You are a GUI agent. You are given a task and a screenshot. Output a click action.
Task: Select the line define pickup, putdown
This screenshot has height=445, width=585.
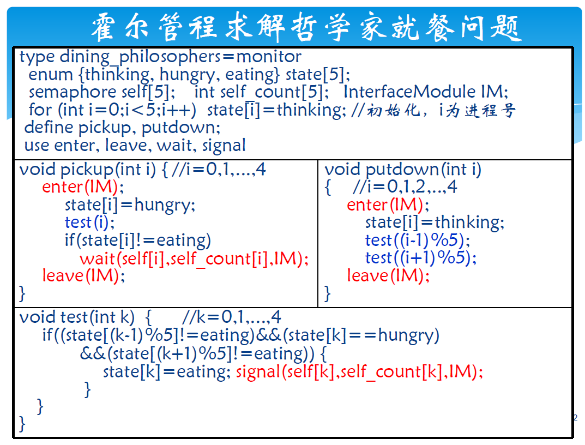click(x=122, y=128)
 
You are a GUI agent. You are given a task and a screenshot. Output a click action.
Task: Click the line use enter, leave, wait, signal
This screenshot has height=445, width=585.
click(x=135, y=146)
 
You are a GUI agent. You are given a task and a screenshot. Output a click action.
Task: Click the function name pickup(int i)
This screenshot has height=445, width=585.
click(x=108, y=170)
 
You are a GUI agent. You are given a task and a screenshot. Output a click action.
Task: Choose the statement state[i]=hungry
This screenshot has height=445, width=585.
click(x=130, y=205)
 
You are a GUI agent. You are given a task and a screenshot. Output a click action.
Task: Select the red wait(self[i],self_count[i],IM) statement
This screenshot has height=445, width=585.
click(x=194, y=258)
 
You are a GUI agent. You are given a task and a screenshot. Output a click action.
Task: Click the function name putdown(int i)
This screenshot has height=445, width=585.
click(x=424, y=170)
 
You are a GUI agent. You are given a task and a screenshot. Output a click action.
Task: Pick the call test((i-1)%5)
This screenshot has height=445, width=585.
click(x=417, y=240)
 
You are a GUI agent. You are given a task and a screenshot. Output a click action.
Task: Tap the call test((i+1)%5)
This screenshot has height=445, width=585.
click(x=420, y=258)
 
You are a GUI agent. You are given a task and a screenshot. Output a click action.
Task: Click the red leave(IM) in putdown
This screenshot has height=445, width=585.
click(x=388, y=275)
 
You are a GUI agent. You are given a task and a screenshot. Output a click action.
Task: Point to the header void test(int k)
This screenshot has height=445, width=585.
click(x=77, y=317)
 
